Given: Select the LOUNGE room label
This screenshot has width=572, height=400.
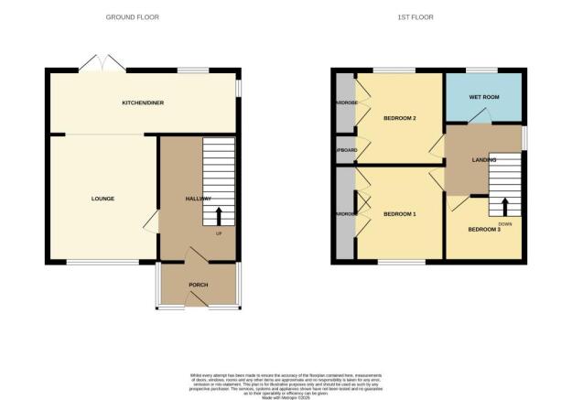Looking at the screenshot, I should [103, 199].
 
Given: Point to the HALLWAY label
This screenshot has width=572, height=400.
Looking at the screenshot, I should [199, 199].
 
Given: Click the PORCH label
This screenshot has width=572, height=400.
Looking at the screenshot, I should [199, 285].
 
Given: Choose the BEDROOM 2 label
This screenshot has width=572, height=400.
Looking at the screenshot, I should [400, 118].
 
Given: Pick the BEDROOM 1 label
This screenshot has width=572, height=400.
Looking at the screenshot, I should [400, 214].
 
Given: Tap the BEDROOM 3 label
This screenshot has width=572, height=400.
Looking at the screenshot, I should [484, 230].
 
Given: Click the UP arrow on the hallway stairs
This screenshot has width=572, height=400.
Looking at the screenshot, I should [220, 216].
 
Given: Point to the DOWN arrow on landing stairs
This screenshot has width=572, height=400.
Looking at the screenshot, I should [504, 203].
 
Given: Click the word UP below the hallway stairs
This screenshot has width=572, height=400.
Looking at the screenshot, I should [220, 232].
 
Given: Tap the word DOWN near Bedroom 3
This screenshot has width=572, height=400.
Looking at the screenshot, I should [504, 222].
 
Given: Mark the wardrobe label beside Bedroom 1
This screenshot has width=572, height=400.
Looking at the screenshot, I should [345, 214].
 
